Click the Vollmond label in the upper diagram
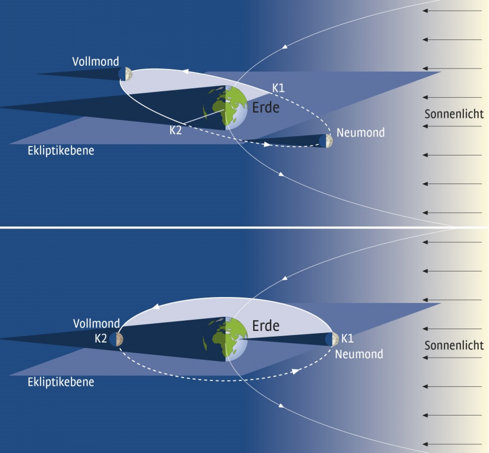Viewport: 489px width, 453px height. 96,61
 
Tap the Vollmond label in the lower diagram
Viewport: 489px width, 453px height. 96,324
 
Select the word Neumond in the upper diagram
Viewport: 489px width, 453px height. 361,133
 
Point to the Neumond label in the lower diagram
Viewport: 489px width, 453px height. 359,354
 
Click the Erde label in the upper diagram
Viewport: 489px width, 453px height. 266,108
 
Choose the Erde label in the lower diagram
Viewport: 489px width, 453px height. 266,326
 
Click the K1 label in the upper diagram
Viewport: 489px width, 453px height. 278,88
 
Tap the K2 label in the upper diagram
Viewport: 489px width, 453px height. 176,130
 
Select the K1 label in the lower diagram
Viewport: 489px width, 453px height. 348,339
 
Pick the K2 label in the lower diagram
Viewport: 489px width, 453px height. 101,339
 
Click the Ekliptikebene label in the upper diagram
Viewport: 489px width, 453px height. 61,151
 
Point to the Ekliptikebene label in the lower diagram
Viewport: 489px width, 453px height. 61,382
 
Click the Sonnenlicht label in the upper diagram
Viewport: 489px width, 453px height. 454,114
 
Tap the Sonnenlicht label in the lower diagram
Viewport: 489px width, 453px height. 454,346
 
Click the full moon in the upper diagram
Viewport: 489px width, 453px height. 125,74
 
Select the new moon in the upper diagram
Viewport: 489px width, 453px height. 326,141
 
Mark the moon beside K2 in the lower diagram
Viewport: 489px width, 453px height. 116,339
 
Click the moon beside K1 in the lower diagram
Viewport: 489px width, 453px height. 332,339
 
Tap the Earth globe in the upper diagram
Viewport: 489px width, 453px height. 225,108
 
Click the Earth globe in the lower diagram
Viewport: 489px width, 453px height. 225,339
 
